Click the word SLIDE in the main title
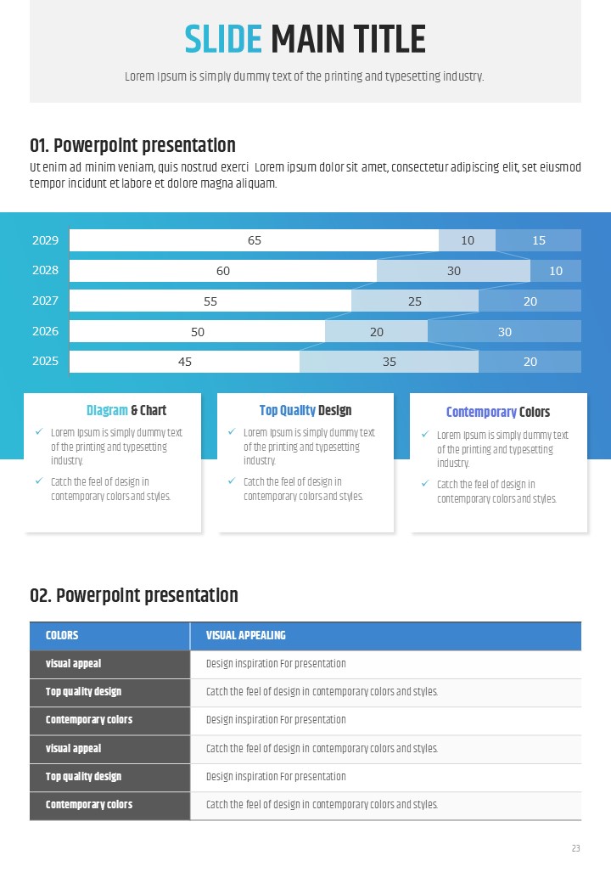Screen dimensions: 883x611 tap(223, 40)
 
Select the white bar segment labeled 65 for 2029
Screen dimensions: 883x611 tap(254, 240)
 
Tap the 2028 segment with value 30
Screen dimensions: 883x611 tap(453, 271)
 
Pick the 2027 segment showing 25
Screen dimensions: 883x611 tap(415, 301)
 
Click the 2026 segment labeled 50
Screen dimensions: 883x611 tap(197, 331)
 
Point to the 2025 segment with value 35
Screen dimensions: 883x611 tap(389, 362)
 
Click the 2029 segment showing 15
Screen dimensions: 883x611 tap(538, 240)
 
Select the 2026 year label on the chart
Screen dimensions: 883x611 tap(45, 331)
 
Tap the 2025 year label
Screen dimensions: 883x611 tap(45, 362)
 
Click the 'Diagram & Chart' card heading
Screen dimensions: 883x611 tap(126, 411)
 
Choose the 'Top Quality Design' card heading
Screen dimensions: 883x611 tap(305, 411)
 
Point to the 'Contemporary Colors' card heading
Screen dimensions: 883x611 tap(498, 413)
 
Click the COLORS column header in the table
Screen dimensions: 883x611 tap(62, 635)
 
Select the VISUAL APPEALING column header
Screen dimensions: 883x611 tap(246, 635)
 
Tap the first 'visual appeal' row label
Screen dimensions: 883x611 tap(73, 664)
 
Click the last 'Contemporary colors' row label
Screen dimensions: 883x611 tap(89, 805)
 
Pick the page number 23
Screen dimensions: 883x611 tap(576, 848)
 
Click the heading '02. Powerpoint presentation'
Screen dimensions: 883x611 tap(134, 596)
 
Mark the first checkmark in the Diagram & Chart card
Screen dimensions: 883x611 tap(39, 432)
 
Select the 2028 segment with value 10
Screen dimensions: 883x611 tap(556, 271)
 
